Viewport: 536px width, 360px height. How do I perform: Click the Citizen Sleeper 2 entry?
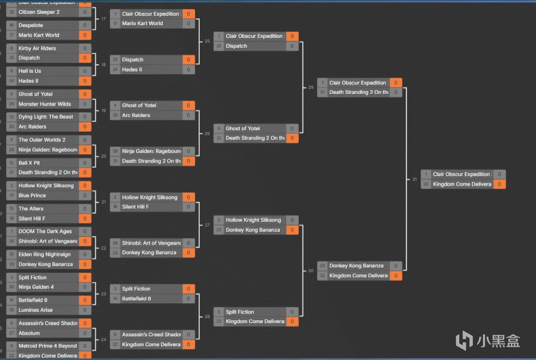(39, 12)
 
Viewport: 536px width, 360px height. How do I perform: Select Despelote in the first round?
(31, 25)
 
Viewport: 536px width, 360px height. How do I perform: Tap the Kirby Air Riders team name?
(37, 48)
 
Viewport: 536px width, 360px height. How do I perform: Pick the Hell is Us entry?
(30, 71)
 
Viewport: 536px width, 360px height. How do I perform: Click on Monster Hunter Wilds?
(45, 104)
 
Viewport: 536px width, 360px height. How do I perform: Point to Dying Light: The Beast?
(46, 117)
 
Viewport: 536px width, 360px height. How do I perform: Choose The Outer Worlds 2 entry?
(42, 140)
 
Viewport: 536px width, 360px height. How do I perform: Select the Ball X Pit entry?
(29, 163)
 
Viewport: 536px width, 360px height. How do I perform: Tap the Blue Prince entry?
(32, 196)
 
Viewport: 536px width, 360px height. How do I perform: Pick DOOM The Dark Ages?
(45, 232)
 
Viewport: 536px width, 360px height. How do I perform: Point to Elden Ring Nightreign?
(44, 254)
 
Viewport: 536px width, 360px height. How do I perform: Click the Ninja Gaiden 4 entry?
(36, 287)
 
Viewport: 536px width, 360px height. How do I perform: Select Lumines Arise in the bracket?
(36, 310)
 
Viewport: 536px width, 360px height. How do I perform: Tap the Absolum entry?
(29, 333)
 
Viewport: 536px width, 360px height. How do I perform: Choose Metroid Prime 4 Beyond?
(48, 346)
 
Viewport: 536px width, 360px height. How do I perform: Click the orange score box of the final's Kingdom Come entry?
(500, 184)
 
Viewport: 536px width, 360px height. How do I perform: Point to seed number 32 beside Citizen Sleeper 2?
(11, 12)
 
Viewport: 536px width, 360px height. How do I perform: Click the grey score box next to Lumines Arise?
(85, 310)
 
